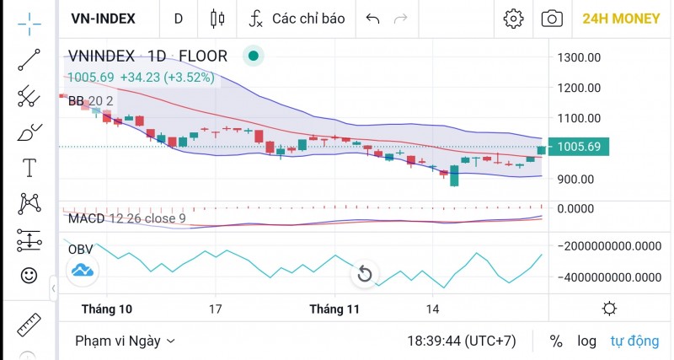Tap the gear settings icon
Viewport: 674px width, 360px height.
[x=512, y=19]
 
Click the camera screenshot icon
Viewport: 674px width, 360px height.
[x=552, y=19]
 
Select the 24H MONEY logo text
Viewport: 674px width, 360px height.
[x=622, y=19]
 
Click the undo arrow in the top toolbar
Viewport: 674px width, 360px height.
[x=373, y=19]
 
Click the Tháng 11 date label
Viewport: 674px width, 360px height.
[x=334, y=309]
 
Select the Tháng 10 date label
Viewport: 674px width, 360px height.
[x=107, y=309]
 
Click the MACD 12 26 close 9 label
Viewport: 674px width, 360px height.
[x=126, y=218]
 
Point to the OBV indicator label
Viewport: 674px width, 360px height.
[x=80, y=250]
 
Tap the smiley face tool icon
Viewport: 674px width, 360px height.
[x=29, y=275]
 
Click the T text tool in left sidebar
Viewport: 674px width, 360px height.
[x=29, y=167]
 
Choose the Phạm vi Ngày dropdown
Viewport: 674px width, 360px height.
[x=125, y=341]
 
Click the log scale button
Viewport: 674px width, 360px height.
[x=586, y=341]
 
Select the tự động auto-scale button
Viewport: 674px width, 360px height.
[x=634, y=341]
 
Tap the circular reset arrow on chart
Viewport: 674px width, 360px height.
[x=365, y=274]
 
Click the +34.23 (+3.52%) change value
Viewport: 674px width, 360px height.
[x=168, y=78]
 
